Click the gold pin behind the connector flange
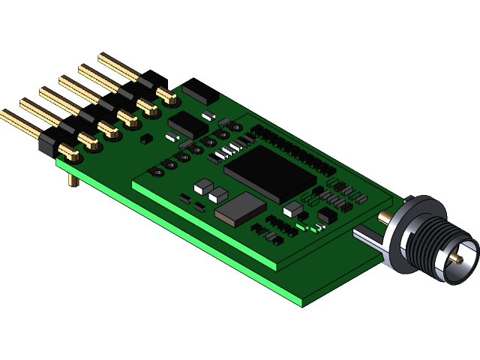384,217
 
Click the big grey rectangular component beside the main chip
240,208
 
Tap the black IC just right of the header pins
187,124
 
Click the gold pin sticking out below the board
72,180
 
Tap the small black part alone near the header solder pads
147,138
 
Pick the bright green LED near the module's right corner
301,226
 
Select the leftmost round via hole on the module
158,172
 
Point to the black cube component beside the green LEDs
327,216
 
